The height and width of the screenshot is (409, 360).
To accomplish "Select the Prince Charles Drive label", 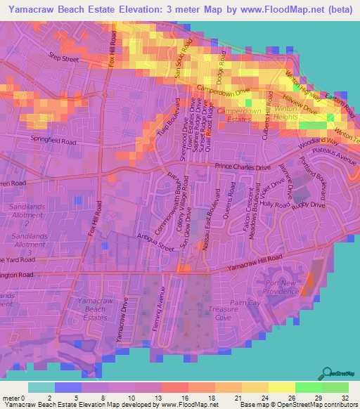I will (x=242, y=167).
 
